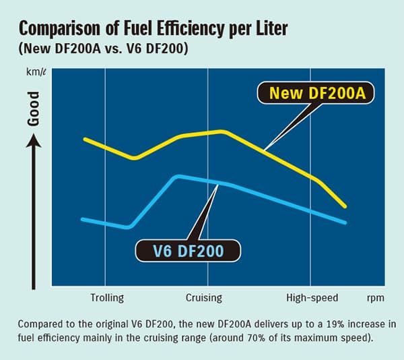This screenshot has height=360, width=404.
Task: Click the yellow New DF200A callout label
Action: point(317,93)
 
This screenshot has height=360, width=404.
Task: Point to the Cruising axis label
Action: point(203,297)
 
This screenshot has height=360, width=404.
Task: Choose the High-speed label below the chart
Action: point(312,297)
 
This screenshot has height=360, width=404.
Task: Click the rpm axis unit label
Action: point(376,297)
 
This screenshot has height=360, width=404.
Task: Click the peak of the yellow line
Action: point(222,131)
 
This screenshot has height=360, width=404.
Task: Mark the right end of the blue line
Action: point(345,222)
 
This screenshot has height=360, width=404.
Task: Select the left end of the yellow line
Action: point(84,139)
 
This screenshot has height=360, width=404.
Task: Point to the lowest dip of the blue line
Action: point(127,227)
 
